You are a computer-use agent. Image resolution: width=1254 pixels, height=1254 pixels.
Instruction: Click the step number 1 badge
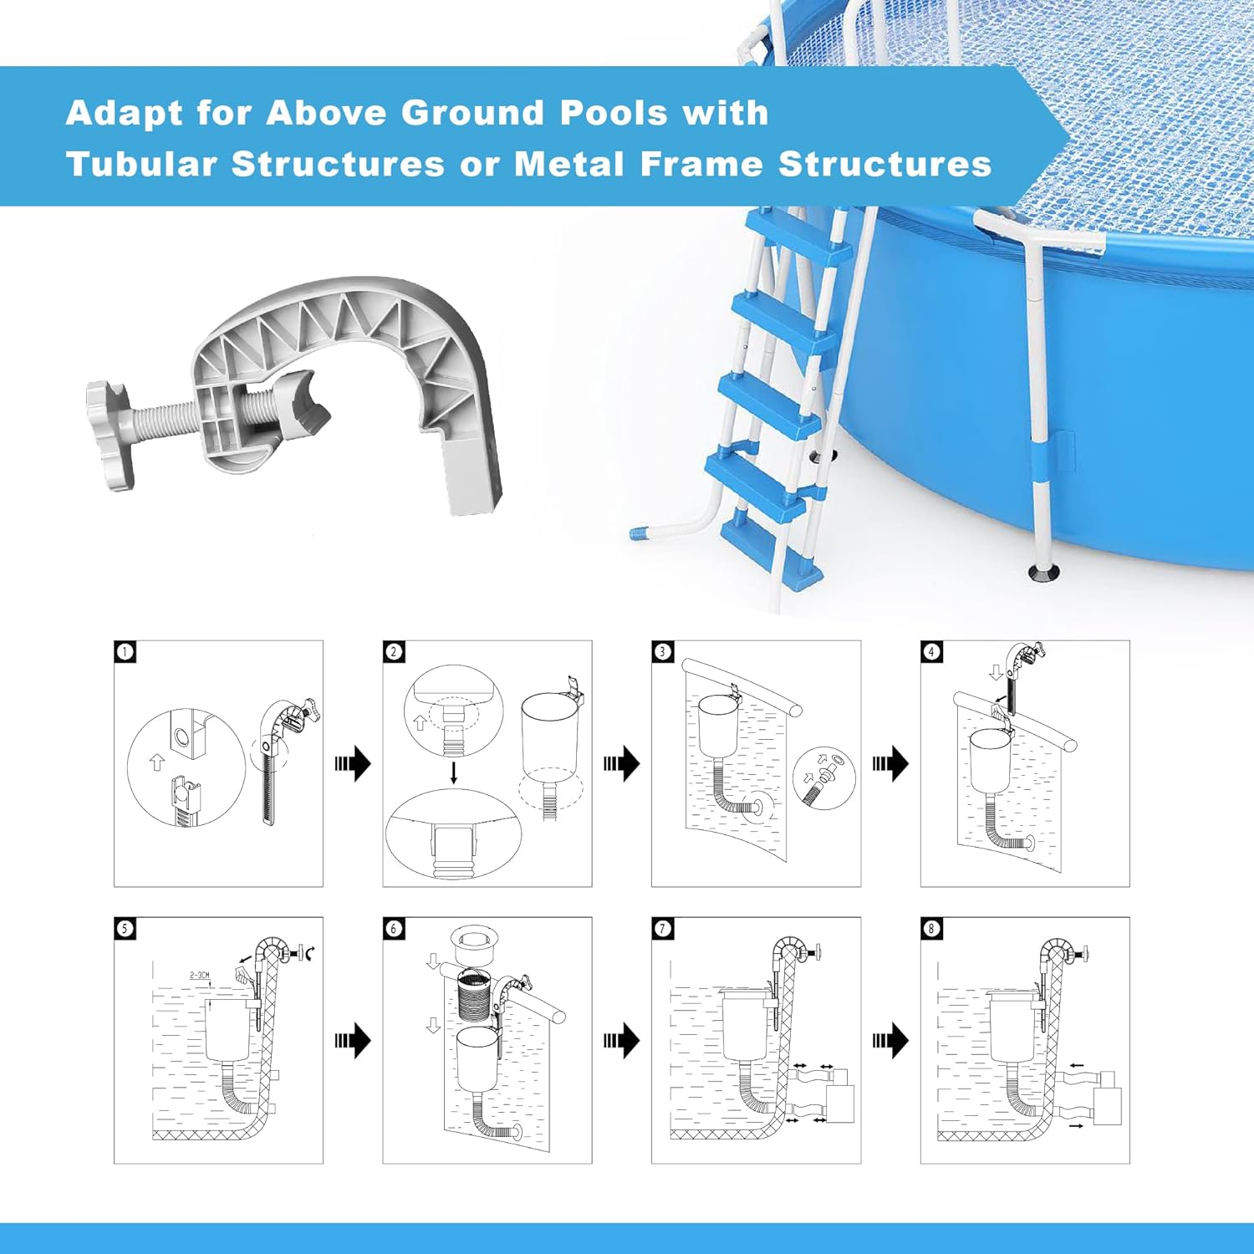point(125,651)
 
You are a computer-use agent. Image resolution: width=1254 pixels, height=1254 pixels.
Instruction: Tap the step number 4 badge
point(931,651)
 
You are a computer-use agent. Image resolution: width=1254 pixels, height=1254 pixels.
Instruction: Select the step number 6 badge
point(394,928)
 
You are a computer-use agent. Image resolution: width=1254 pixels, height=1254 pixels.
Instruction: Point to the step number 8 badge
point(931,928)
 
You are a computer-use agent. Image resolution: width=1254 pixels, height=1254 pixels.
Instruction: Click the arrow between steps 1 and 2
point(353,763)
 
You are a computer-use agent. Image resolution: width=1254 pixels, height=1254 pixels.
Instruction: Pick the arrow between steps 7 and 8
point(890,1041)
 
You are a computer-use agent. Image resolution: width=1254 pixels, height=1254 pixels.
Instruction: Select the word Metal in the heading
point(569,164)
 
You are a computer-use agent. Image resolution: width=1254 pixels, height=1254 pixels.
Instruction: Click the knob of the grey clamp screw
point(110,435)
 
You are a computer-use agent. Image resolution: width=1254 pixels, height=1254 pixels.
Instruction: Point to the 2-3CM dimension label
point(200,975)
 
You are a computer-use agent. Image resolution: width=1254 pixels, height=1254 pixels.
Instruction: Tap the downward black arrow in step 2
point(454,772)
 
